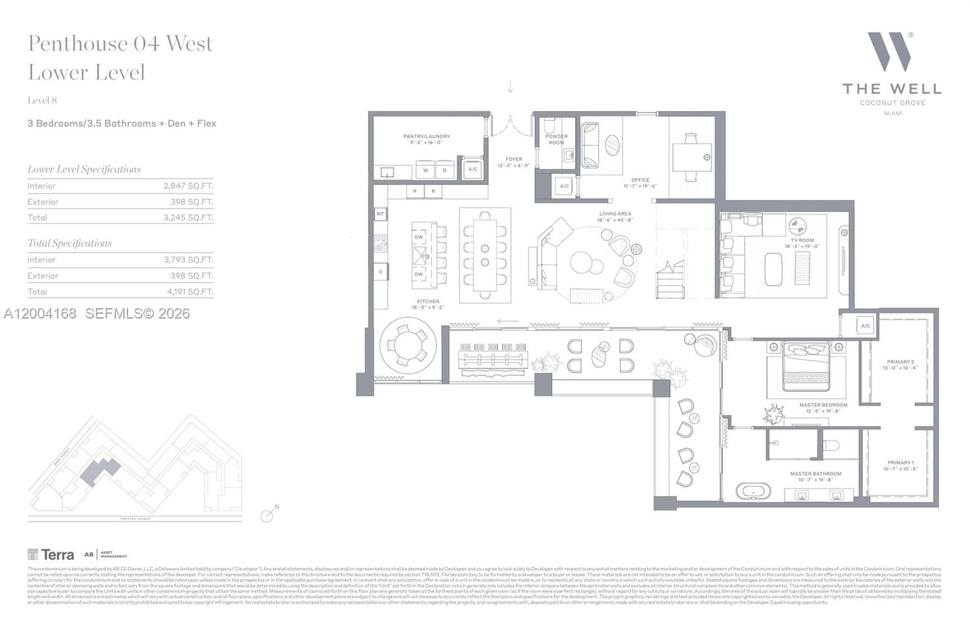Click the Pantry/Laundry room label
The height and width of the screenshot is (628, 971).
426,139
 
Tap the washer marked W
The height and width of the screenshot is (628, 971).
425,170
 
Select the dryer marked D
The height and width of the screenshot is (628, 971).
445,170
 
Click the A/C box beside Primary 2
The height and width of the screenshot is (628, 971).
865,326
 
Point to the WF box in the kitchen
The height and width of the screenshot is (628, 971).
380,214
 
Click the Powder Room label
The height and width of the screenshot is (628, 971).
556,140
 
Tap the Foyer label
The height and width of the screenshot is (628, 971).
513,162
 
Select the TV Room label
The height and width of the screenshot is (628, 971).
802,243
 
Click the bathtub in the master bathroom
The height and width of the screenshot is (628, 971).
753,491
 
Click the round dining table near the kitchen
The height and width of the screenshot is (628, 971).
407,345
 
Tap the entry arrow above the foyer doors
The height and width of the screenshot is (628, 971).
510,87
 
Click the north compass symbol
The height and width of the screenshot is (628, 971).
268,515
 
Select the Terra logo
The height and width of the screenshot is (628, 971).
51,554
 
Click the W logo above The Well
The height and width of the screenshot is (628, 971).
890,52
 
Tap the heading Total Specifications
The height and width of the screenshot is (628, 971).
70,243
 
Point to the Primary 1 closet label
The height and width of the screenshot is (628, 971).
899,465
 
